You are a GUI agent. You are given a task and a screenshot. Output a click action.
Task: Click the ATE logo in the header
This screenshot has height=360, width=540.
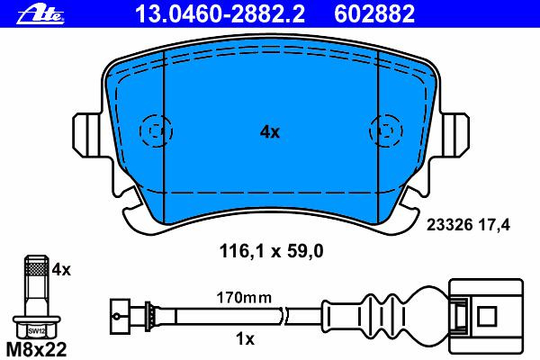pyautogui.click(x=40, y=14)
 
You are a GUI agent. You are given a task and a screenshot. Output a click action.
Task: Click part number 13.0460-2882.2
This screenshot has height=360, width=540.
pyautogui.click(x=220, y=13)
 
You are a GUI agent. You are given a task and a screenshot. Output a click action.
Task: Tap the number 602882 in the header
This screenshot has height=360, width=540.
pyautogui.click(x=374, y=13)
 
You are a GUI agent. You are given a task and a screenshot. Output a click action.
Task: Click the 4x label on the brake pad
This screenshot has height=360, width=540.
pyautogui.click(x=270, y=131)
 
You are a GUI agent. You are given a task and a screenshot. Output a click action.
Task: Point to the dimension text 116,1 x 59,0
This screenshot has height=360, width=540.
pyautogui.click(x=272, y=251)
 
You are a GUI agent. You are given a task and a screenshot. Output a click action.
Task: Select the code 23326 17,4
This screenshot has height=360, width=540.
pyautogui.click(x=468, y=225)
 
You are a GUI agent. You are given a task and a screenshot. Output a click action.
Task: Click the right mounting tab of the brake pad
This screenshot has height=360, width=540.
pyautogui.click(x=455, y=136)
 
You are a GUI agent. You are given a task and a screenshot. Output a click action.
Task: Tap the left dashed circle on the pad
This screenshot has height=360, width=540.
pyautogui.click(x=156, y=130)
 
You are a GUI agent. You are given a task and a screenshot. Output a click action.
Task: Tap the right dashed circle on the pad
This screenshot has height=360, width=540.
pyautogui.click(x=386, y=130)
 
